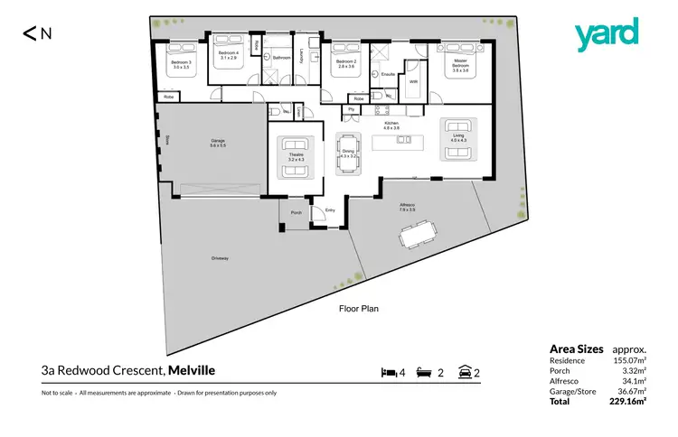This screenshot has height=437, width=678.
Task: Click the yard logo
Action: (607, 34)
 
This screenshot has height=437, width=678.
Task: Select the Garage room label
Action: (218, 143)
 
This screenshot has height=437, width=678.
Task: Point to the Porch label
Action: (296, 213)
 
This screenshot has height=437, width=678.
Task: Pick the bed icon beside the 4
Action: (389, 372)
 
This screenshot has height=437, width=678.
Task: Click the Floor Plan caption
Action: (358, 308)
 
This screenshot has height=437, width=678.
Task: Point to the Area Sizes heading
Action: (576, 349)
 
